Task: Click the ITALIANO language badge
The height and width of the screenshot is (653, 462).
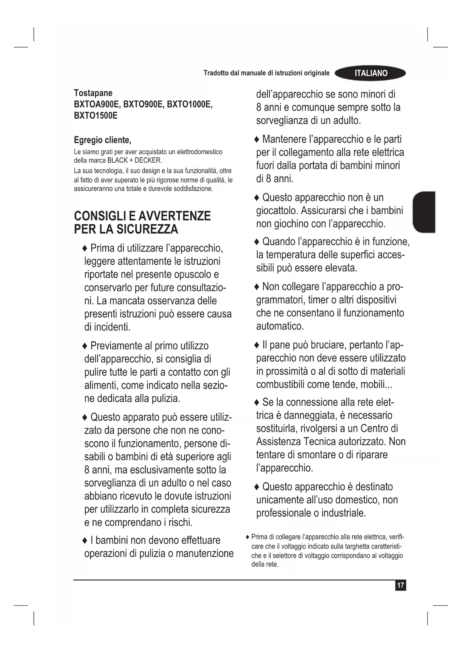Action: point(370,73)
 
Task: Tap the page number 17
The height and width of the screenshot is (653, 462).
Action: point(400,585)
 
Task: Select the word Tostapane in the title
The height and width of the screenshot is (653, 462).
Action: point(93,93)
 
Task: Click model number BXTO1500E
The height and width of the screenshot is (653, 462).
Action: point(96,116)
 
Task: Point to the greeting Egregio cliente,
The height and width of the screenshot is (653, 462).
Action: point(102,140)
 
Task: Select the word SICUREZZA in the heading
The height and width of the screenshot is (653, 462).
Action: point(147,229)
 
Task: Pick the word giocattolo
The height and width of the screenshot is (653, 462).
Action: point(277,211)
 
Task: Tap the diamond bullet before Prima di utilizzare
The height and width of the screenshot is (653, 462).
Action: point(85,248)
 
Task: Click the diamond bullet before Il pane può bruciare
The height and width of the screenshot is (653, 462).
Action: point(257,345)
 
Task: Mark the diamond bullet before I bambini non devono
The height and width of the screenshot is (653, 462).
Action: point(85,541)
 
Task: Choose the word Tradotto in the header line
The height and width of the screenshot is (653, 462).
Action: point(216,73)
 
